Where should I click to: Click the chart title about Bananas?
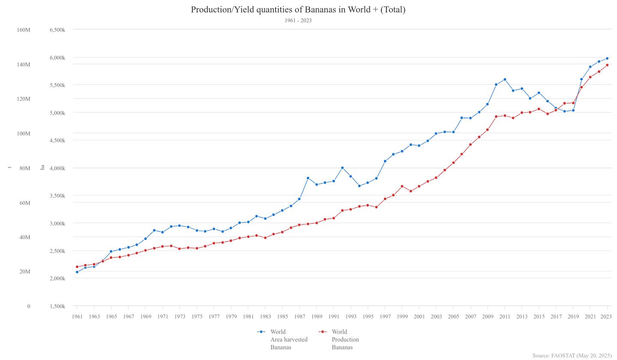point(298,9)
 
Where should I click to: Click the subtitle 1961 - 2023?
point(298,21)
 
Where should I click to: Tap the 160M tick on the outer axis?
point(24,30)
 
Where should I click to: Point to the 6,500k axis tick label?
point(57,30)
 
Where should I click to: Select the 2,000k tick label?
point(57,279)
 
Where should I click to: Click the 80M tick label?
point(25,168)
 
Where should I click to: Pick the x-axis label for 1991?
point(333,317)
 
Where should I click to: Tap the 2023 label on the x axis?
point(606,317)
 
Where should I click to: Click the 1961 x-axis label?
point(77,317)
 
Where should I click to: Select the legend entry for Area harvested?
point(288,339)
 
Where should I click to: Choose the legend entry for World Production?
point(345,339)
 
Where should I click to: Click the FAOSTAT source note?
point(572,356)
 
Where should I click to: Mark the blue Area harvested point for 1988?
point(308,178)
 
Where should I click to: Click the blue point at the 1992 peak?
point(342,168)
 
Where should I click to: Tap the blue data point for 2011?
point(505,79)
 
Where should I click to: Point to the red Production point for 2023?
point(607,65)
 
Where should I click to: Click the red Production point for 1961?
point(77,267)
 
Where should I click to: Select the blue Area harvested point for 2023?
point(607,58)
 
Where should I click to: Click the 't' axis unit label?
point(9,167)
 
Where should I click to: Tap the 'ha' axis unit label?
point(42,167)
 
